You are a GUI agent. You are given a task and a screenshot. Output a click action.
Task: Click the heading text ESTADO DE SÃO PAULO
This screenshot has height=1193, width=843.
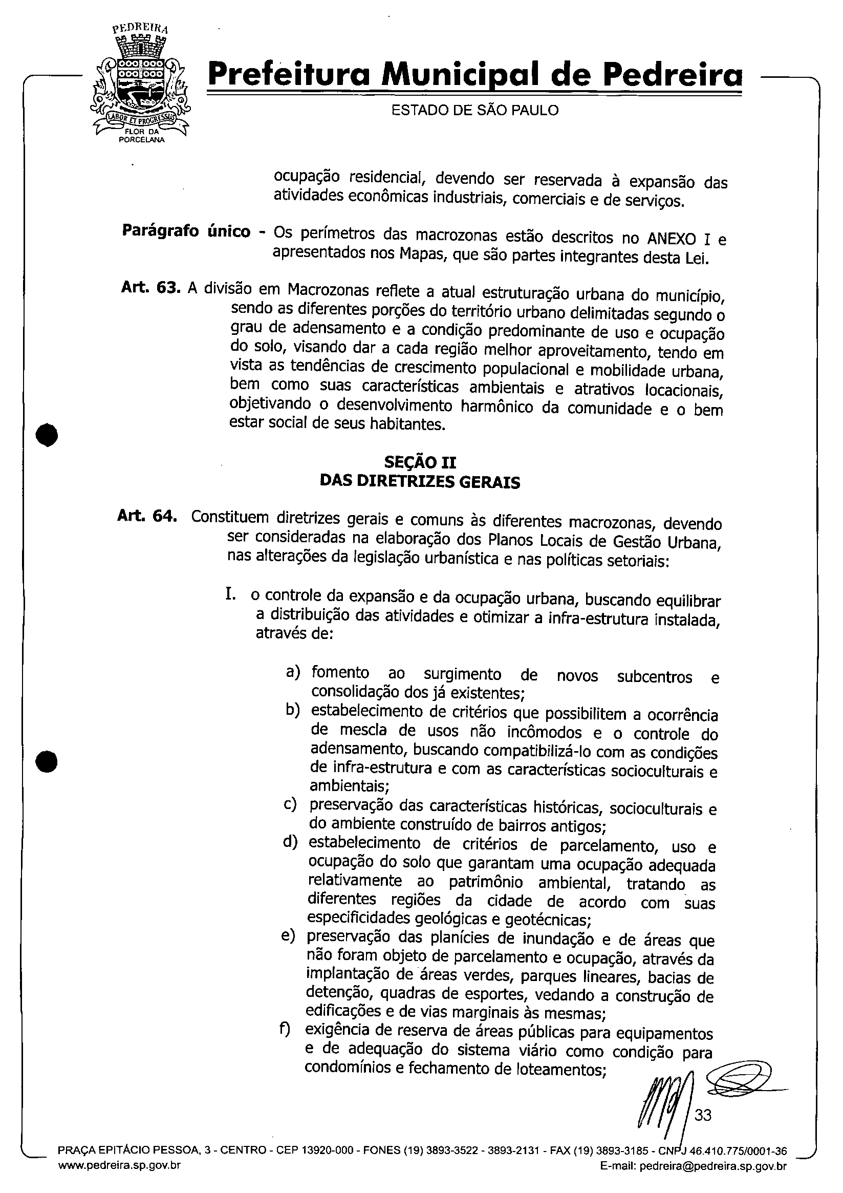[474, 110]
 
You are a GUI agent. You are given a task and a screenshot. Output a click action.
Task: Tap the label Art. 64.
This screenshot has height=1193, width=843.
[147, 517]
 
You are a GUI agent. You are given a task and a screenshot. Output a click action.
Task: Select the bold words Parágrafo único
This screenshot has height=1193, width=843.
[186, 231]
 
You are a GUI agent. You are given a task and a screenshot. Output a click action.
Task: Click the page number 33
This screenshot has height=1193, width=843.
[703, 1115]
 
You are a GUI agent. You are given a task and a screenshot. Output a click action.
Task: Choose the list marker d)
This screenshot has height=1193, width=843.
[290, 841]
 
